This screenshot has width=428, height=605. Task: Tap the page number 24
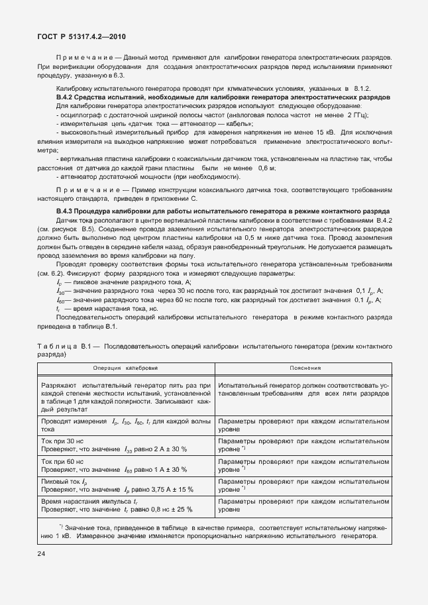[x=42, y=551]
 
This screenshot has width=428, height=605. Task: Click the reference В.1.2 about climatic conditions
[x=361, y=88]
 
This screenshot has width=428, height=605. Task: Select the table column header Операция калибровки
[x=125, y=368]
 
